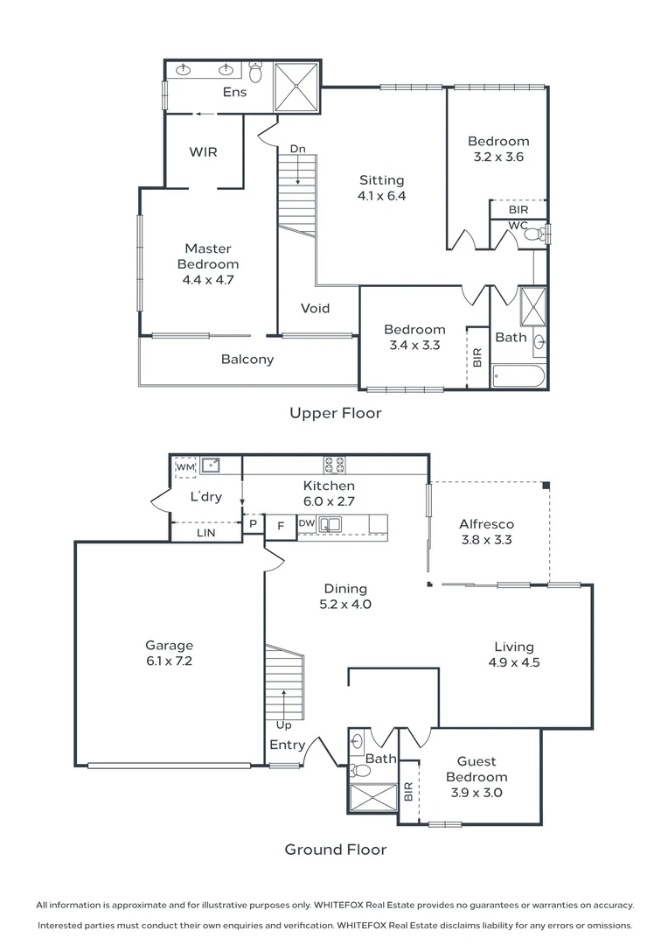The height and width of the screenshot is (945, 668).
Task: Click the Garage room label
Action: (169, 646)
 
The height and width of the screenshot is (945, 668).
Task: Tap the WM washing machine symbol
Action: (184, 467)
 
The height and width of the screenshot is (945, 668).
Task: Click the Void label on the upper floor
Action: (315, 308)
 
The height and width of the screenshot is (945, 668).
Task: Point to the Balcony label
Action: (247, 359)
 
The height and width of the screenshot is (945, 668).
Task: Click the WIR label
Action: (203, 151)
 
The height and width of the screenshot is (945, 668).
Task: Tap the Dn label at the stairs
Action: (297, 150)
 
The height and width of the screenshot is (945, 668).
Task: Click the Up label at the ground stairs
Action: (283, 724)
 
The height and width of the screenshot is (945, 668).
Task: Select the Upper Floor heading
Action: (336, 413)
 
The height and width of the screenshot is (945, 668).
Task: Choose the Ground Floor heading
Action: (336, 849)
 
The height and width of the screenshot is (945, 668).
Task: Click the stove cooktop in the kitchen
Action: (334, 465)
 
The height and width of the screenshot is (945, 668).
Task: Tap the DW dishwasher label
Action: (306, 523)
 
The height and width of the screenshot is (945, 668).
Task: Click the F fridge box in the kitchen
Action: (280, 526)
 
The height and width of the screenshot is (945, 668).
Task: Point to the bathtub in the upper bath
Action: (518, 377)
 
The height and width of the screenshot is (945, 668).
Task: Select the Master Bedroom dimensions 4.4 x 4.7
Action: (208, 280)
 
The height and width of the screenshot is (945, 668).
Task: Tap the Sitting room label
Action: (382, 180)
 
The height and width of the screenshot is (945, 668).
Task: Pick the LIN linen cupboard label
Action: (205, 532)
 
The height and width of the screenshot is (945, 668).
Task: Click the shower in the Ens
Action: (297, 87)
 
